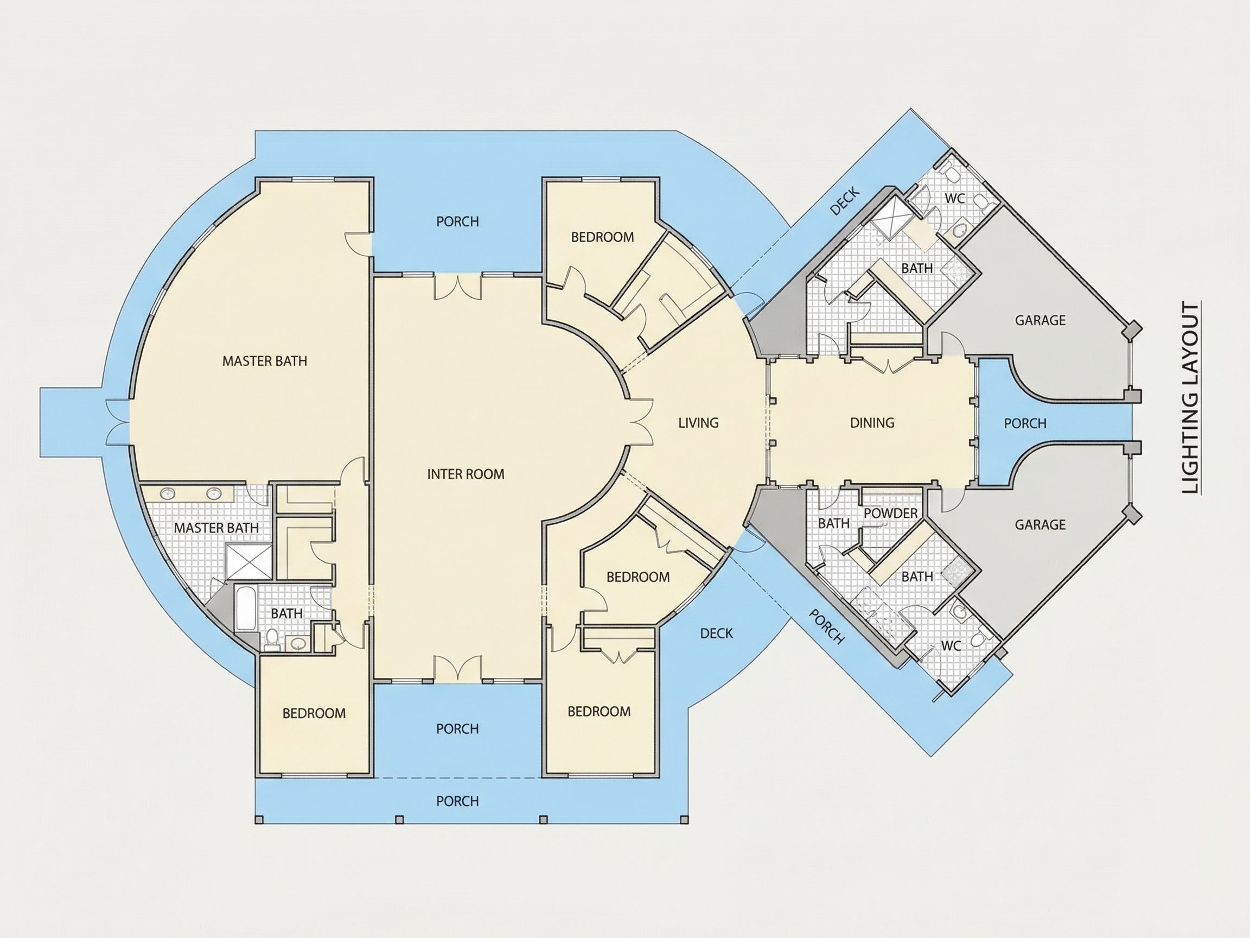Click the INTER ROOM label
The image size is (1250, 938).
tap(465, 474)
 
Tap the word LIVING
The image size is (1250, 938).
tap(698, 422)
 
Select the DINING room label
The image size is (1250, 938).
tap(872, 422)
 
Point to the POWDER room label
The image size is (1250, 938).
tap(891, 513)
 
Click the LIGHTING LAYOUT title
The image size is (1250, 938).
tap(1191, 398)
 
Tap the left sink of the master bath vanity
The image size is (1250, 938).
tap(168, 494)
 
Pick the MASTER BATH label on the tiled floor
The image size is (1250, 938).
tap(216, 528)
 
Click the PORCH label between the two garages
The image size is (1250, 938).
tap(1025, 423)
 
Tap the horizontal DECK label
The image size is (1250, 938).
tap(717, 633)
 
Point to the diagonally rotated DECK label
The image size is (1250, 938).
tap(845, 201)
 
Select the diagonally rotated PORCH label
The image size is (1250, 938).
tap(827, 626)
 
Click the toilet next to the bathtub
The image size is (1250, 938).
tap(272, 638)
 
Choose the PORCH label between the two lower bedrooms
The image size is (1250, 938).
tap(458, 728)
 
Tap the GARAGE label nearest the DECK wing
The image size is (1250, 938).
tap(1041, 320)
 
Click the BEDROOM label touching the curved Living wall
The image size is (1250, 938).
tap(638, 576)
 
